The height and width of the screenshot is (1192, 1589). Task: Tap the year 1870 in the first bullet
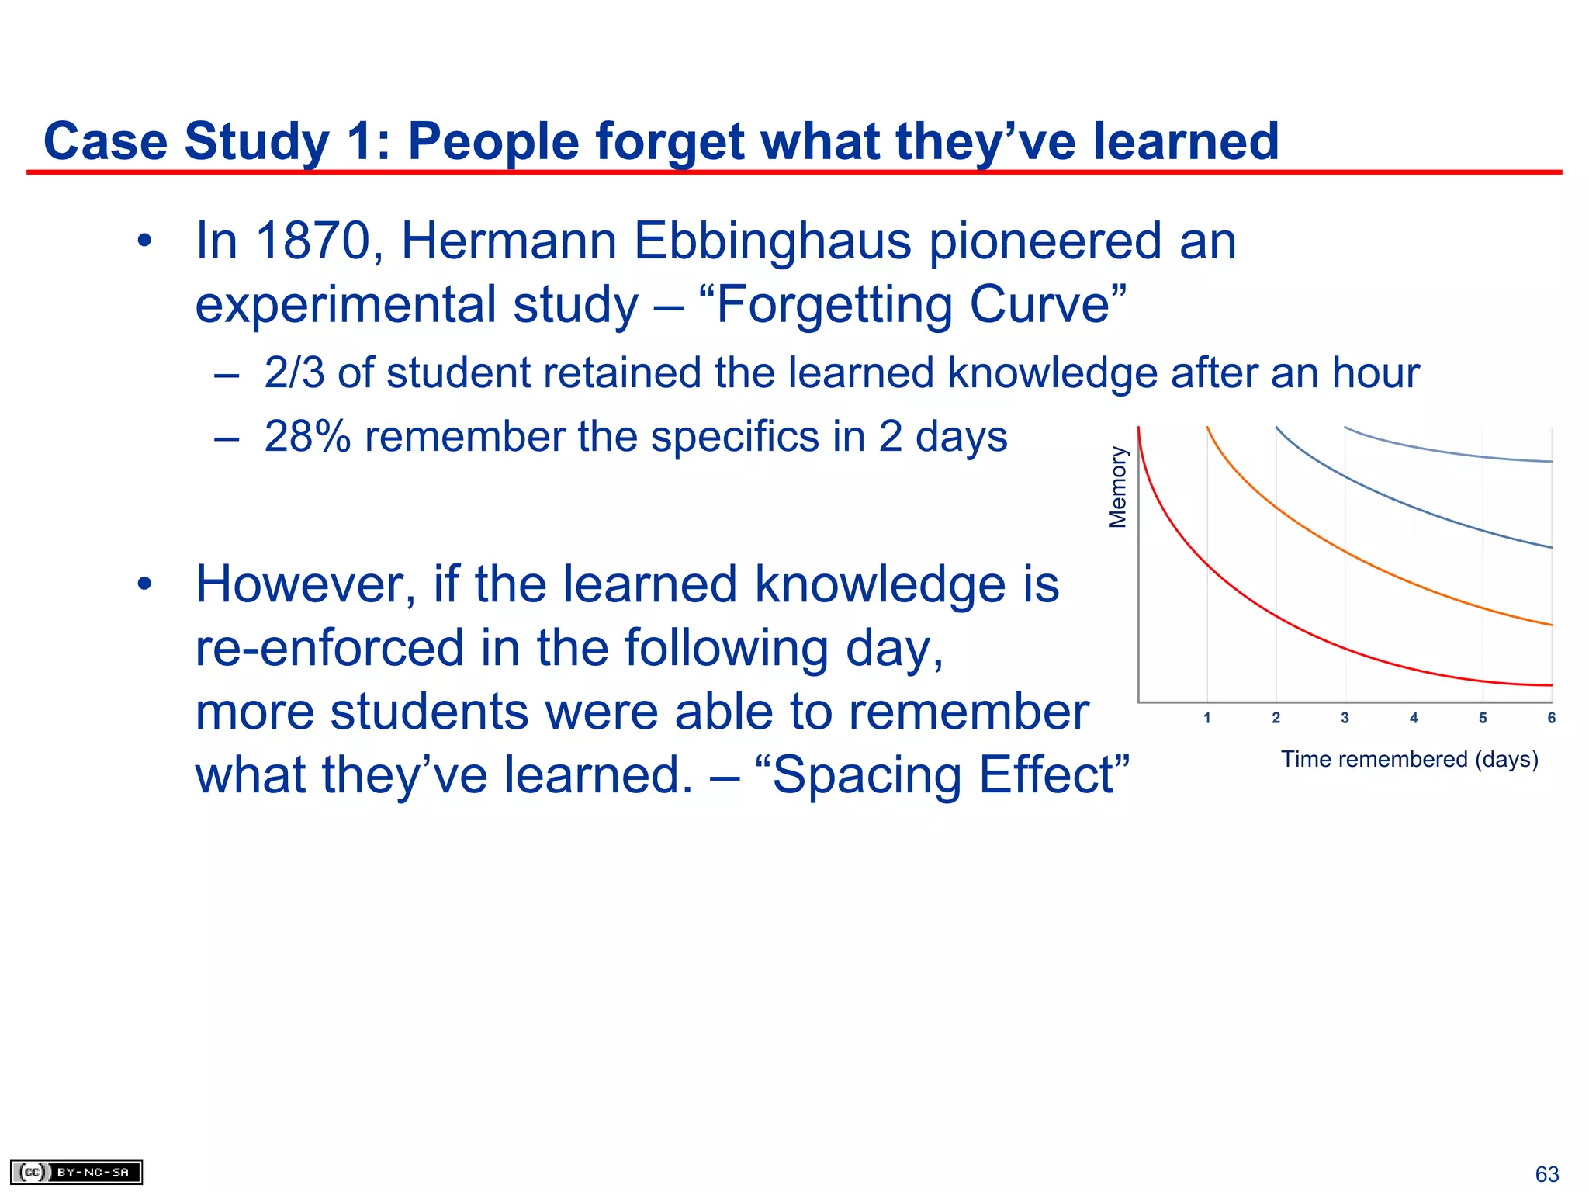pos(313,241)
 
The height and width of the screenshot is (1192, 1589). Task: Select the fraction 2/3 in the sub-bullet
pos(294,372)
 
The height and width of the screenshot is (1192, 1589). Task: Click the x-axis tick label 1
pos(1207,718)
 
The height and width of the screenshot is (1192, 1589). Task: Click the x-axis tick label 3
pos(1345,718)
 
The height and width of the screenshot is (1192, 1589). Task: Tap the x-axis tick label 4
pos(1414,718)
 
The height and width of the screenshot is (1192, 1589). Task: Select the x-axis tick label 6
pos(1551,718)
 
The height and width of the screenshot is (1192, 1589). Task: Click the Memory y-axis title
pos(1117,487)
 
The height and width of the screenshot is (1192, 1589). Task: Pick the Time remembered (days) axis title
pos(1409,759)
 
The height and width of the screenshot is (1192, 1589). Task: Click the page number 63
pos(1547,1174)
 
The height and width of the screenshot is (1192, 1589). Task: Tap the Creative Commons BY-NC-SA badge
pos(76,1172)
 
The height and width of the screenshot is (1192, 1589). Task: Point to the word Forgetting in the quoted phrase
pos(834,304)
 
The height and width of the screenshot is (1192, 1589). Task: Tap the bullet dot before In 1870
pos(144,241)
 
